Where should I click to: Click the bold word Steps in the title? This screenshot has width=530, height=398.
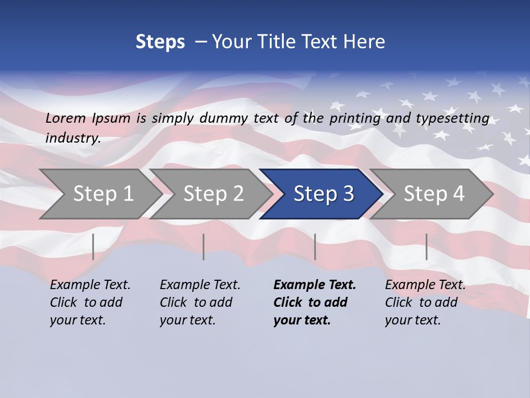coord(160,42)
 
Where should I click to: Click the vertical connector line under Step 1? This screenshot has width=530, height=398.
coord(93,247)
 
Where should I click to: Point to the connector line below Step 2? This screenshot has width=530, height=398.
coord(204,247)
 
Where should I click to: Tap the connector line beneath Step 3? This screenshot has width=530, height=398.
coord(315,247)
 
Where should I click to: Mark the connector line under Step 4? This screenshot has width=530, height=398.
coord(427,247)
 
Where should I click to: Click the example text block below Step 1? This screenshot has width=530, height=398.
coord(90,302)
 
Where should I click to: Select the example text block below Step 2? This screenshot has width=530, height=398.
coord(200,302)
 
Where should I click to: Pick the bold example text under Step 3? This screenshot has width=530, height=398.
coord(315,302)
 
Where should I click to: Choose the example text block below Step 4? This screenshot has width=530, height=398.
coord(425,302)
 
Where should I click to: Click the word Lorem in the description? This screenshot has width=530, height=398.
coord(66,118)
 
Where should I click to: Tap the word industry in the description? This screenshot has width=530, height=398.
coord(73,138)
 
